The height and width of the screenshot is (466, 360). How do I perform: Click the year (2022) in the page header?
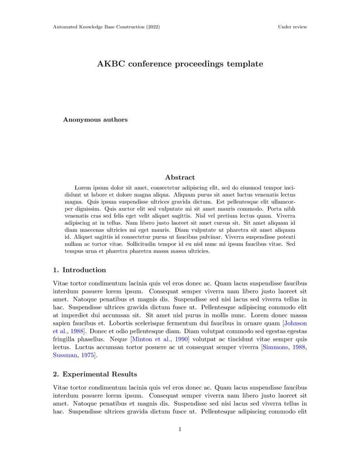pyautogui.click(x=153, y=27)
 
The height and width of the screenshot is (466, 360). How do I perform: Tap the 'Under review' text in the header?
pyautogui.click(x=292, y=27)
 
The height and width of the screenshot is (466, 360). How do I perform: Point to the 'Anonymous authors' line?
pyautogui.click(x=95, y=120)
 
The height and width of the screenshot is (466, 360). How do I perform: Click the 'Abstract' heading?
pyautogui.click(x=180, y=178)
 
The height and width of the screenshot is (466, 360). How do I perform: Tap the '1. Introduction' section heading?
pyautogui.click(x=79, y=270)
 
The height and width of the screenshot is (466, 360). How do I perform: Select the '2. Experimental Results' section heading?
pyautogui.click(x=95, y=374)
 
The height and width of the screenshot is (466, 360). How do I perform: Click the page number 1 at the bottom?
pyautogui.click(x=180, y=429)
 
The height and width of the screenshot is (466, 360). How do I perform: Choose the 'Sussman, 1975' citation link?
pyautogui.click(x=73, y=356)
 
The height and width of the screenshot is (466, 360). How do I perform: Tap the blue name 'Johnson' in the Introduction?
pyautogui.click(x=296, y=323)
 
